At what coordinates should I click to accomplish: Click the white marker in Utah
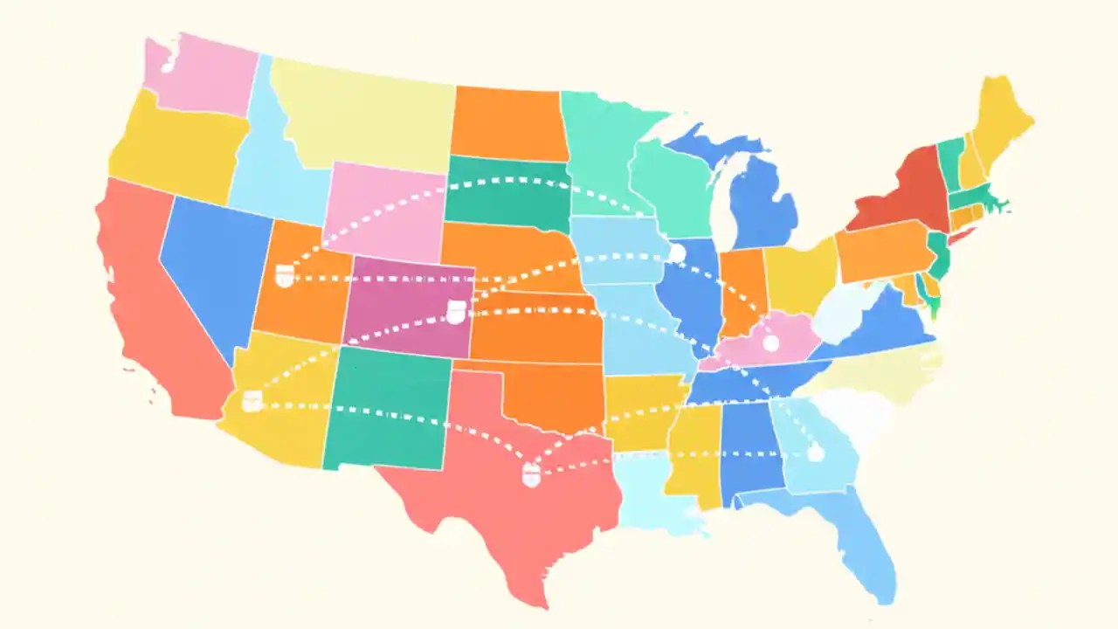pos(284,277)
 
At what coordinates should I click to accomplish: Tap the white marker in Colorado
pos(456,311)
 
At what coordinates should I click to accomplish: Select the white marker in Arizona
pos(252,401)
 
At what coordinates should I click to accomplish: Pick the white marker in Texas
pos(531,475)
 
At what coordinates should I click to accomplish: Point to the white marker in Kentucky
pos(770,343)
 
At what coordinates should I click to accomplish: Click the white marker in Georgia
pos(816,452)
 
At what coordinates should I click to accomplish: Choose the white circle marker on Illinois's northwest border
pos(677,253)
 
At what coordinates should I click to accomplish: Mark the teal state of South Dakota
pos(507,192)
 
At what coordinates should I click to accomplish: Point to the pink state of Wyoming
pos(384,214)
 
